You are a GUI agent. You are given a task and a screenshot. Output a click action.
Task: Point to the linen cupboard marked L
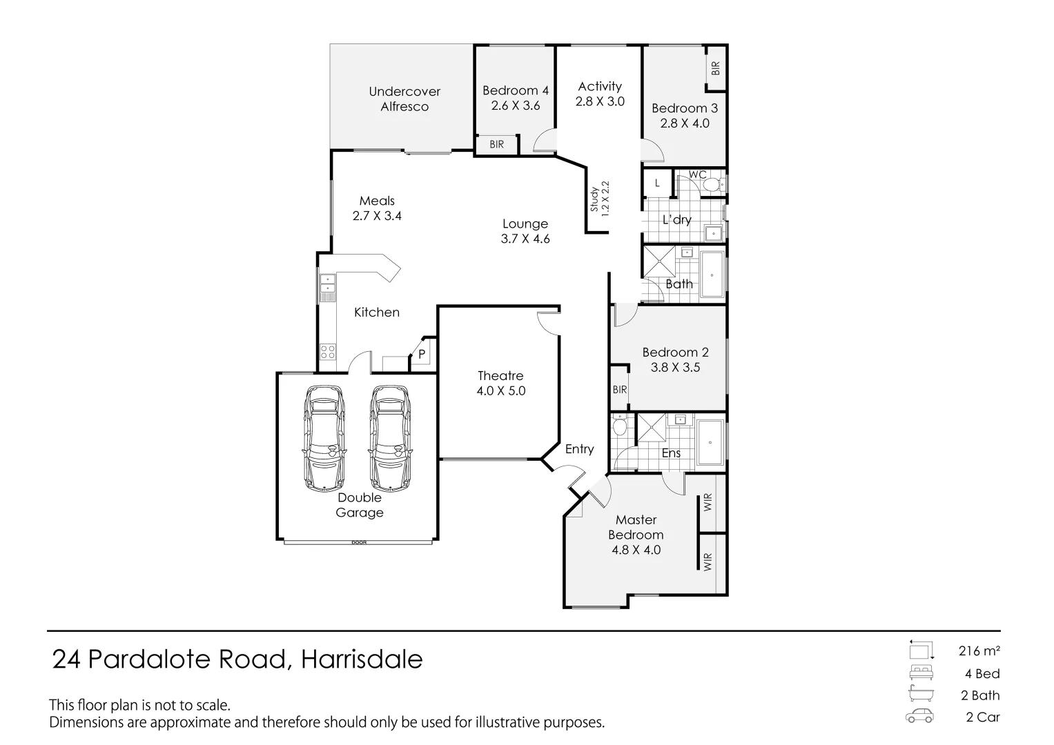[657, 183]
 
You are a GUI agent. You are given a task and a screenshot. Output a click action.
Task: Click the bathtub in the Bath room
[712, 275]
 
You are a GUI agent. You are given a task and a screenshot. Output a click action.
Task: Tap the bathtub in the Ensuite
[709, 442]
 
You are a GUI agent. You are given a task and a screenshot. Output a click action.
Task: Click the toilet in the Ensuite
[620, 427]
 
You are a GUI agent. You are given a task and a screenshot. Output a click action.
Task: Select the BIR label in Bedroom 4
[496, 145]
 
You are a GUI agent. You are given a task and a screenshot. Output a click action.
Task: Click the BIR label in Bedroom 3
[716, 68]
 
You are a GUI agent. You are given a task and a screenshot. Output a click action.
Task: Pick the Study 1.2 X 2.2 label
[599, 199]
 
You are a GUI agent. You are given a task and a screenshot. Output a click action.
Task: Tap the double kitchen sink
[326, 284]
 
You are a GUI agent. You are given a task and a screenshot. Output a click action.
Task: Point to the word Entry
[579, 449]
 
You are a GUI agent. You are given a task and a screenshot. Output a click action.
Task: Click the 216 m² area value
[979, 650]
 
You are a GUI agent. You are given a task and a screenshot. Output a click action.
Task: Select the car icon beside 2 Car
[919, 717]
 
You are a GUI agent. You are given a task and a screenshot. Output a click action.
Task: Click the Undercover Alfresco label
[404, 99]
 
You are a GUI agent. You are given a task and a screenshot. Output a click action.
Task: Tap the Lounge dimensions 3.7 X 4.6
[525, 239]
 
